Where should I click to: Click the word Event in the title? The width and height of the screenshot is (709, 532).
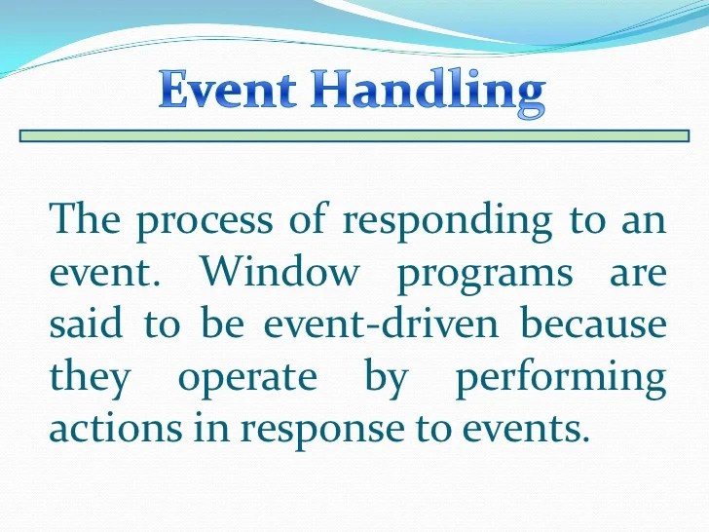click(x=228, y=91)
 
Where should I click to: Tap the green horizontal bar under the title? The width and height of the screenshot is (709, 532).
click(x=354, y=137)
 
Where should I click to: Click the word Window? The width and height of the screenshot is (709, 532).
click(x=280, y=274)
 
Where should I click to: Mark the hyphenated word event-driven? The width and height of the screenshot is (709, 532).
click(x=369, y=325)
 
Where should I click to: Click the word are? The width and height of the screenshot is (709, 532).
click(x=638, y=274)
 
